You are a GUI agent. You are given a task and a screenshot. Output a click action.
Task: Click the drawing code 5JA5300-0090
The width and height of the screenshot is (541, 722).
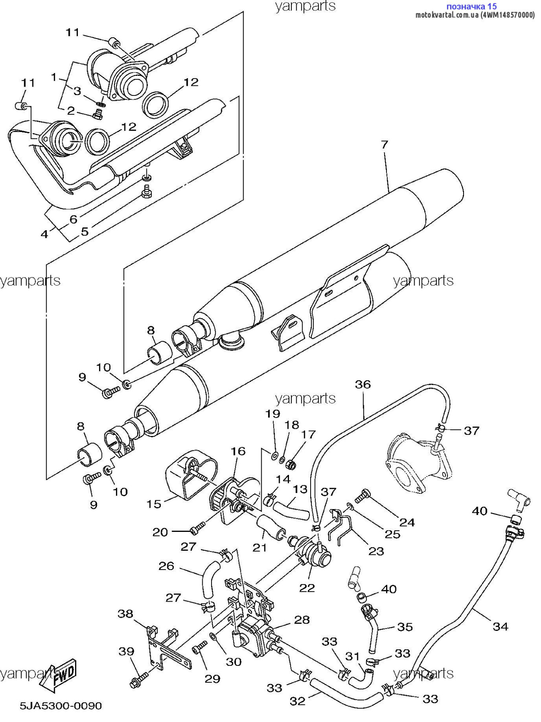[61, 706]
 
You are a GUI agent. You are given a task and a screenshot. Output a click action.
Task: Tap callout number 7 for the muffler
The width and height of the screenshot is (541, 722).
[384, 144]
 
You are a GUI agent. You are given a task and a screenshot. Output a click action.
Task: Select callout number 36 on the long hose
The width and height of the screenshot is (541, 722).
[363, 384]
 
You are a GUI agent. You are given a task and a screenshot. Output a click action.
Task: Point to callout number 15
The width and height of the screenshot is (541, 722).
[154, 504]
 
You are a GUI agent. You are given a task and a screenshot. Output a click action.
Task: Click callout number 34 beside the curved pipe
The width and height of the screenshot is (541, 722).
[500, 627]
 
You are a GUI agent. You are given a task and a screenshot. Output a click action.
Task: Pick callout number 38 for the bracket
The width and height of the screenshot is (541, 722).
[125, 614]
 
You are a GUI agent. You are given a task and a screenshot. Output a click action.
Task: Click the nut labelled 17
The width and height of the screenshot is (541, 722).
[292, 465]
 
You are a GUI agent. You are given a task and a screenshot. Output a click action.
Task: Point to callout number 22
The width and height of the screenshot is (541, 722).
[307, 588]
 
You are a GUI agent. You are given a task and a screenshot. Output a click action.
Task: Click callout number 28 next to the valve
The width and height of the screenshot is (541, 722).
[302, 620]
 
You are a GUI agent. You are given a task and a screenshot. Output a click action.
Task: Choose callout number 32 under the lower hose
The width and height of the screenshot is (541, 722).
[297, 701]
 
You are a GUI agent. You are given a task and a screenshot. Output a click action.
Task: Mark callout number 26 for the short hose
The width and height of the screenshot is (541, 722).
[166, 566]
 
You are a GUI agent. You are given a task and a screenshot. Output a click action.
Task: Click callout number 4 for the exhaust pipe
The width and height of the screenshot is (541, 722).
[44, 233]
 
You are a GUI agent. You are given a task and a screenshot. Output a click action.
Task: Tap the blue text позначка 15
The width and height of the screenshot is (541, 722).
[472, 6]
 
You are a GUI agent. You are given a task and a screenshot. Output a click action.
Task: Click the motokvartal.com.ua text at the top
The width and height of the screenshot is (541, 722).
[447, 15]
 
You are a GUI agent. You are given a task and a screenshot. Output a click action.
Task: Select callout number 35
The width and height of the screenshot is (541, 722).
[405, 627]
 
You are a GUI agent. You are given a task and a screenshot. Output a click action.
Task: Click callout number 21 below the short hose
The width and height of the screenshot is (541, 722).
[260, 548]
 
